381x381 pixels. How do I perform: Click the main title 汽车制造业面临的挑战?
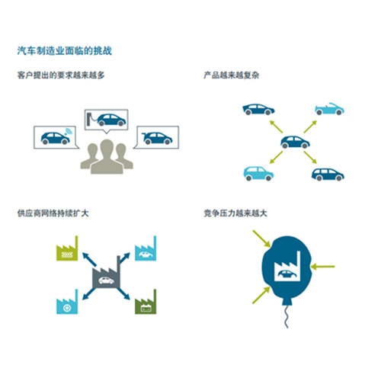tap(65, 51)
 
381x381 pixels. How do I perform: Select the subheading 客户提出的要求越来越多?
tap(61, 75)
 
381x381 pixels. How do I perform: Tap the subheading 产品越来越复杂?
tap(231, 75)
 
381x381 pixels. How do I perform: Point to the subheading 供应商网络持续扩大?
tap(53, 213)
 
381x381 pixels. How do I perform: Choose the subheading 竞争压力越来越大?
tap(235, 213)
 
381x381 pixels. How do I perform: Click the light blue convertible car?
tap(329, 109)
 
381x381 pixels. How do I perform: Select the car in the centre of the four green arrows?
tap(295, 142)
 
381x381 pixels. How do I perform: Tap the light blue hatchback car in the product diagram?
tap(258, 174)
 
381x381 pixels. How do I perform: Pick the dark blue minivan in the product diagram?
tap(328, 174)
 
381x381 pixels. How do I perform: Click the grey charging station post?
tap(88, 119)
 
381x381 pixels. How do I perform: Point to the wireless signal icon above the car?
tap(69, 131)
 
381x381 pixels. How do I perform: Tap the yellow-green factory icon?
tap(67, 248)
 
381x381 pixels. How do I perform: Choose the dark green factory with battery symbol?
tap(146, 302)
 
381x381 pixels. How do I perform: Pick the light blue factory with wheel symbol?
tap(67, 302)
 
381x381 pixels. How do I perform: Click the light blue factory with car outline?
tap(146, 248)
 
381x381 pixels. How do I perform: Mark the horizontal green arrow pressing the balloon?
tap(323, 267)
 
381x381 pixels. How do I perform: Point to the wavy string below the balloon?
tap(287, 317)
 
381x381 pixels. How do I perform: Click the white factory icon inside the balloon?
tap(287, 266)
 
